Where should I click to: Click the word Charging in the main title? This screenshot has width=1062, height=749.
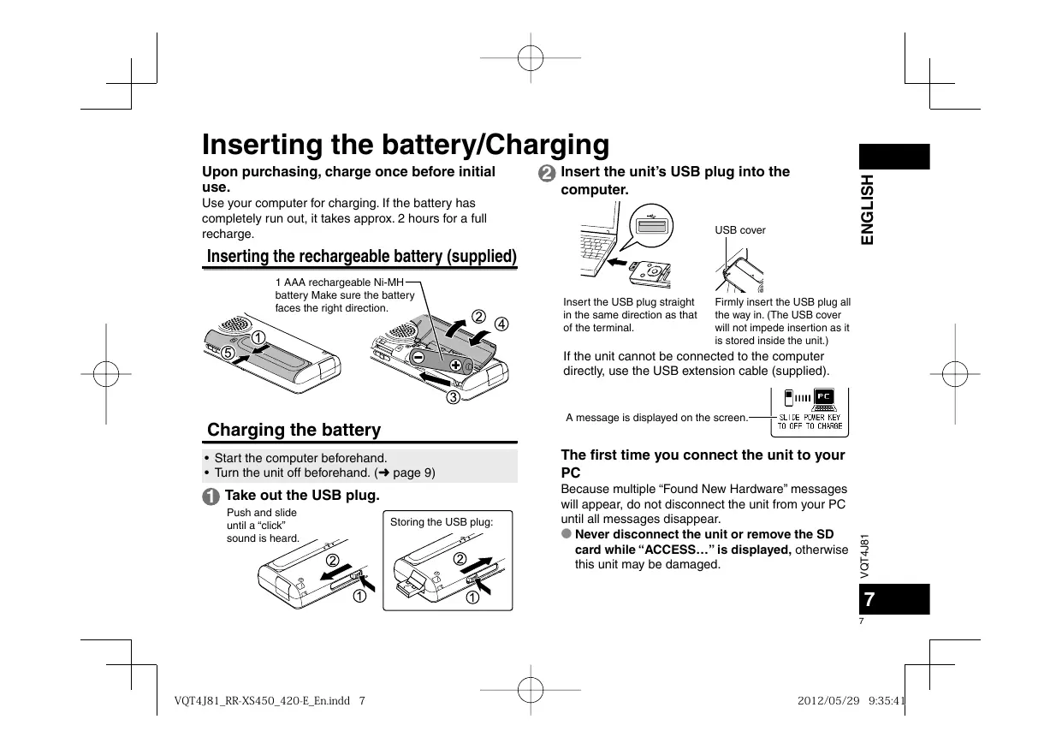coord(547,145)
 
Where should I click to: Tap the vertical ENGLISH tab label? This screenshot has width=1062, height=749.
coord(867,210)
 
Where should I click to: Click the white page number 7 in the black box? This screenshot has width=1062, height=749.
coord(869,599)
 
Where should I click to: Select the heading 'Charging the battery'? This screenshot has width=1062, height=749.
coord(294,430)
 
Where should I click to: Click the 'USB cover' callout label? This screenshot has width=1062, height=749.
coord(740,230)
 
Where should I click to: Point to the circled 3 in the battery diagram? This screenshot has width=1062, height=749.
coord(454,397)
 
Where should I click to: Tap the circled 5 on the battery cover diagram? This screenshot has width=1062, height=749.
coord(228,353)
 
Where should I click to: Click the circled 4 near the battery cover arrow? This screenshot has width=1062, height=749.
coord(501,324)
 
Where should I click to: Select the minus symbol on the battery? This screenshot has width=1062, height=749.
coord(418,357)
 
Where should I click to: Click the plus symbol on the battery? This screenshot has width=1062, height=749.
coord(455,365)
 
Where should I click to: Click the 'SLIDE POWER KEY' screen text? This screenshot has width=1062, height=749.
coord(810,418)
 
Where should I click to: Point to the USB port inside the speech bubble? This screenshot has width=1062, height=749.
coord(652,226)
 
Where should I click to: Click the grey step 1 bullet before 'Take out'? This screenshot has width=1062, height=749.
coord(211,496)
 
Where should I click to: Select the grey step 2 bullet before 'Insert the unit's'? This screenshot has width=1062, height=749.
coord(547,173)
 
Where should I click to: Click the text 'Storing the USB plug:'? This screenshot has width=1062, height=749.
coord(442,522)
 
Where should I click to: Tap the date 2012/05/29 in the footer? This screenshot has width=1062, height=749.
coord(828,700)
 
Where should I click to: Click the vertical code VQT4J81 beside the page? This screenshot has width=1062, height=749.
coord(865,556)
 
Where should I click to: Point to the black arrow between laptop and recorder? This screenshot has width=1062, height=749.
coord(617,262)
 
